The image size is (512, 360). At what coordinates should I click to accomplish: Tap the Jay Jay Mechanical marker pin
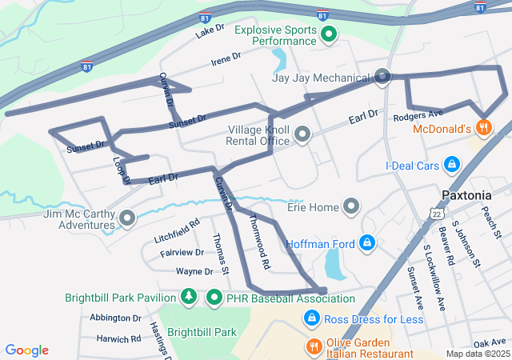click(382, 78)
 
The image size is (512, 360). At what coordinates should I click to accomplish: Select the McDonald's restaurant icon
click(483, 127)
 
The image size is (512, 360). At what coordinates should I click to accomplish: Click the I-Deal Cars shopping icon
click(452, 165)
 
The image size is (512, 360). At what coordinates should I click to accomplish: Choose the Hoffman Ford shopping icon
click(367, 242)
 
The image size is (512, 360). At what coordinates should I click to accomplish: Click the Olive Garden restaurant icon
click(314, 347)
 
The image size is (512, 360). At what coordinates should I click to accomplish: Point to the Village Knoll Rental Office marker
click(302, 135)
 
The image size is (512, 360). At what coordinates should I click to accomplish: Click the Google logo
click(27, 350)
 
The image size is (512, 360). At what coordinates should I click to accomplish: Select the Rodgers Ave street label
click(418, 115)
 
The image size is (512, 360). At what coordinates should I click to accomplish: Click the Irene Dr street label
click(226, 58)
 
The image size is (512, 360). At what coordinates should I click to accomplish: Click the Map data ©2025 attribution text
click(477, 354)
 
